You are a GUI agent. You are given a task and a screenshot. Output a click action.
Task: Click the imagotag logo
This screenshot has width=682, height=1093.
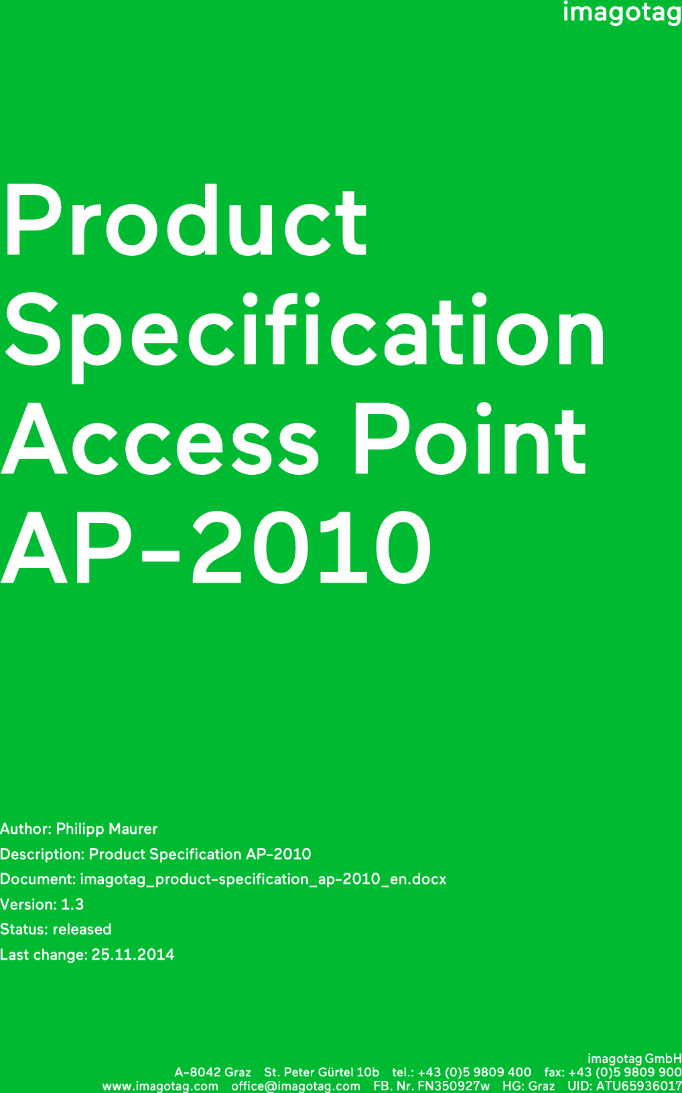(x=622, y=13)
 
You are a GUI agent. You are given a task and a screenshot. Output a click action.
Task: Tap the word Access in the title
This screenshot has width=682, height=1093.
(x=160, y=438)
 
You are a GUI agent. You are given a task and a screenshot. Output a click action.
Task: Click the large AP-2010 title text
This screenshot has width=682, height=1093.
(x=216, y=547)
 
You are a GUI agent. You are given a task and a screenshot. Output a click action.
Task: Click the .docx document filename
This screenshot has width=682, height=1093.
(x=263, y=879)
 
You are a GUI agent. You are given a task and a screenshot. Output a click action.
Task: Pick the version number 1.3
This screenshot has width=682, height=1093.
(x=72, y=904)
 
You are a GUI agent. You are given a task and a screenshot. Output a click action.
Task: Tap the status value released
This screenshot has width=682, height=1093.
(x=82, y=929)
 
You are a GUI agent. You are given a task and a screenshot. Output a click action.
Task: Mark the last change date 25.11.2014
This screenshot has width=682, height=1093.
(x=133, y=954)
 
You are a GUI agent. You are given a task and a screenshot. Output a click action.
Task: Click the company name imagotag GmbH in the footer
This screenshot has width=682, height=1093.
(x=634, y=1058)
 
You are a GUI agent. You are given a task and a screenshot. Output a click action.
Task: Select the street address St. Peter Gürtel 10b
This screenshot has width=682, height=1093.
(x=322, y=1072)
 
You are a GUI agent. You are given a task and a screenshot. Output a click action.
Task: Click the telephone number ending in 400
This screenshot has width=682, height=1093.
(x=474, y=1072)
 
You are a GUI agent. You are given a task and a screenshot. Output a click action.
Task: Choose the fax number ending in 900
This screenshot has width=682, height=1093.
(x=625, y=1072)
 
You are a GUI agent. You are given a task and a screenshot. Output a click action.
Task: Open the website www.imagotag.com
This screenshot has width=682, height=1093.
(x=160, y=1087)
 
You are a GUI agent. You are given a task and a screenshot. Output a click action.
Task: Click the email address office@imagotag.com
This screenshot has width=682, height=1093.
(x=296, y=1087)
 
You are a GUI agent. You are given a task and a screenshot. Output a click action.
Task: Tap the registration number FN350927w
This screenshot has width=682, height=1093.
(x=454, y=1086)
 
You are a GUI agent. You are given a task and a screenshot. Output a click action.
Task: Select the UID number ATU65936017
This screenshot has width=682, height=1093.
(x=639, y=1086)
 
